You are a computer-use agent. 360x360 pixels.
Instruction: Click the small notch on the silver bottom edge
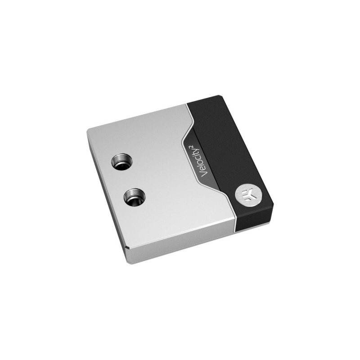coord(128,247)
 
